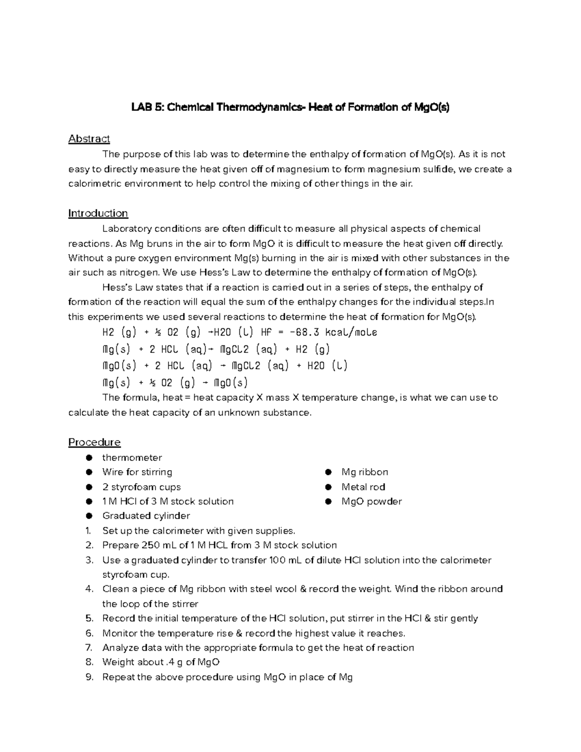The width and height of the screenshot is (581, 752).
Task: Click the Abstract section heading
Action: tap(89, 139)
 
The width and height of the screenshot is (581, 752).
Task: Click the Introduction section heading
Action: tap(98, 214)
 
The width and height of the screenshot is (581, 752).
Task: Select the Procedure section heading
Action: tap(94, 442)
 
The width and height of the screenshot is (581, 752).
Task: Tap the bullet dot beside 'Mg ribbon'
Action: tap(328, 472)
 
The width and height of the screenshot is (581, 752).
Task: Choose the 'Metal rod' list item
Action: tap(363, 487)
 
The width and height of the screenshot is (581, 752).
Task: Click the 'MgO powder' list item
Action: tap(371, 502)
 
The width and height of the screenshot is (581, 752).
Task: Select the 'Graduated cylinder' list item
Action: tap(146, 516)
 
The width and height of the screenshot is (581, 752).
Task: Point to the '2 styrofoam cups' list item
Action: tap(141, 487)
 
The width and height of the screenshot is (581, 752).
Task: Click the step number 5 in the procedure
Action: tap(89, 618)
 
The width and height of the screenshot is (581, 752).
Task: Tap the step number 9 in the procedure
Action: tap(89, 677)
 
